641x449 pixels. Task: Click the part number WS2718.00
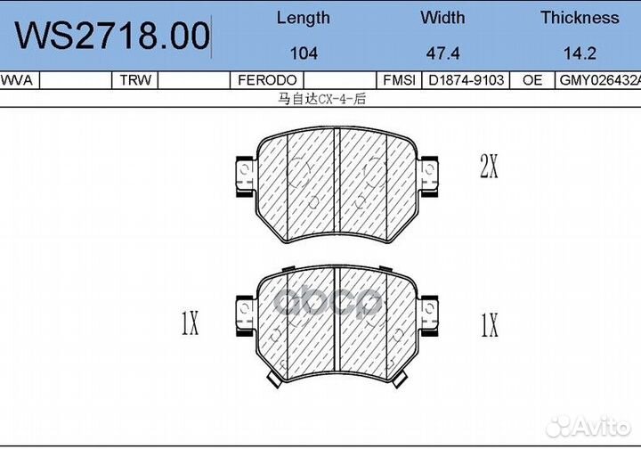(112, 36)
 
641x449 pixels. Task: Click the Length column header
(304, 19)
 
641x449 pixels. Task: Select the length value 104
(304, 53)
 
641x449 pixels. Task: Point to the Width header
(442, 18)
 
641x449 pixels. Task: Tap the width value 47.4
(442, 53)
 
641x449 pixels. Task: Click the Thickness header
(580, 18)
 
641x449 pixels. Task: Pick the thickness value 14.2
(580, 53)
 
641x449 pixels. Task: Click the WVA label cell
(16, 80)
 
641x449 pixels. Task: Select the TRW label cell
(135, 80)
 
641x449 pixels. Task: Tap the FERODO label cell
(267, 80)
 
